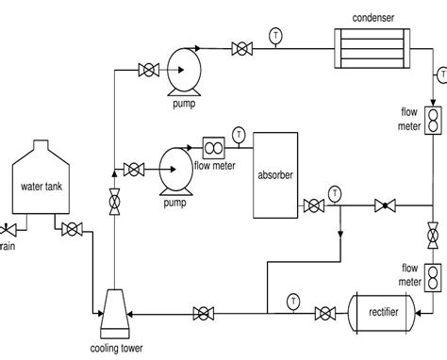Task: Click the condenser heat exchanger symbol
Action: coord(372,44)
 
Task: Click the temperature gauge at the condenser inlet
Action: coord(274,36)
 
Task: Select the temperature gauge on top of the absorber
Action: coord(239,133)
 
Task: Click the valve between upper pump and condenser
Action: coord(242,45)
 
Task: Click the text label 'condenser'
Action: coord(372,16)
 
